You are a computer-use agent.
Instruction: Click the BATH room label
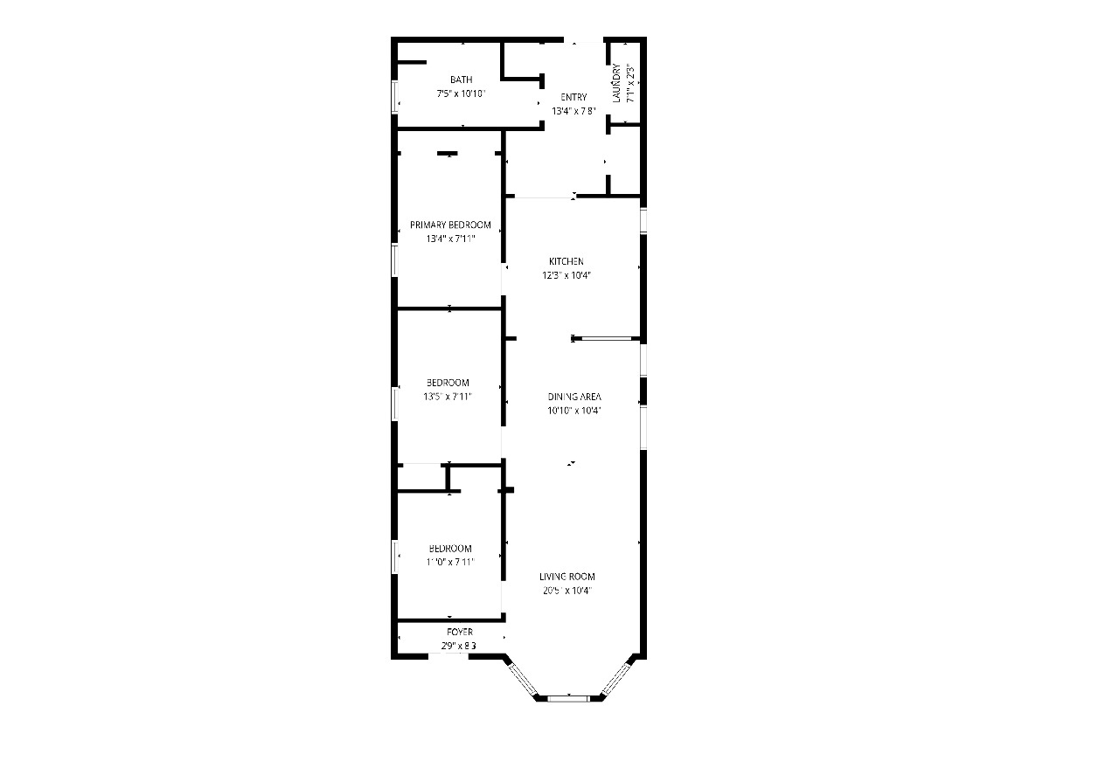(x=461, y=80)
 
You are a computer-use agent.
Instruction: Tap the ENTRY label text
(x=573, y=97)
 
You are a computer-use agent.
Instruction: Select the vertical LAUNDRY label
(x=617, y=83)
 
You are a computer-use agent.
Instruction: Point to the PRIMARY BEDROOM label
(x=450, y=225)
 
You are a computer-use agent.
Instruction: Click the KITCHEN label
(x=566, y=261)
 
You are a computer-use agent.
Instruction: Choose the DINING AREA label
(x=574, y=396)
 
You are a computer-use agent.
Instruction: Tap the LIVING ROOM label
(x=566, y=577)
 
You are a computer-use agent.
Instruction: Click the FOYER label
(x=460, y=632)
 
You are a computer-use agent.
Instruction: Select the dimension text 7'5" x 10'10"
(x=461, y=93)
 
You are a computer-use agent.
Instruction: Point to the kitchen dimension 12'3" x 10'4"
(x=566, y=275)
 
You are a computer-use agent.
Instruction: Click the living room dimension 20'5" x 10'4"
(x=566, y=591)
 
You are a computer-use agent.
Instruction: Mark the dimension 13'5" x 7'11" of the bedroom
(x=448, y=397)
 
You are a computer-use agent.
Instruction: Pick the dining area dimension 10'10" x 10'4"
(x=574, y=410)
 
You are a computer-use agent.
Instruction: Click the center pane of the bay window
(x=569, y=697)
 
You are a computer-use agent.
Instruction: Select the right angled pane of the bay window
(x=616, y=678)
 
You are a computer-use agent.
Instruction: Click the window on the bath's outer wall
(x=394, y=96)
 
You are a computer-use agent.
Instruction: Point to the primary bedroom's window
(x=394, y=259)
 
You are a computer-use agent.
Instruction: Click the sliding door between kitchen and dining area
(x=607, y=338)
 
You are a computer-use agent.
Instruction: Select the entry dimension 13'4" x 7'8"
(x=573, y=111)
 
